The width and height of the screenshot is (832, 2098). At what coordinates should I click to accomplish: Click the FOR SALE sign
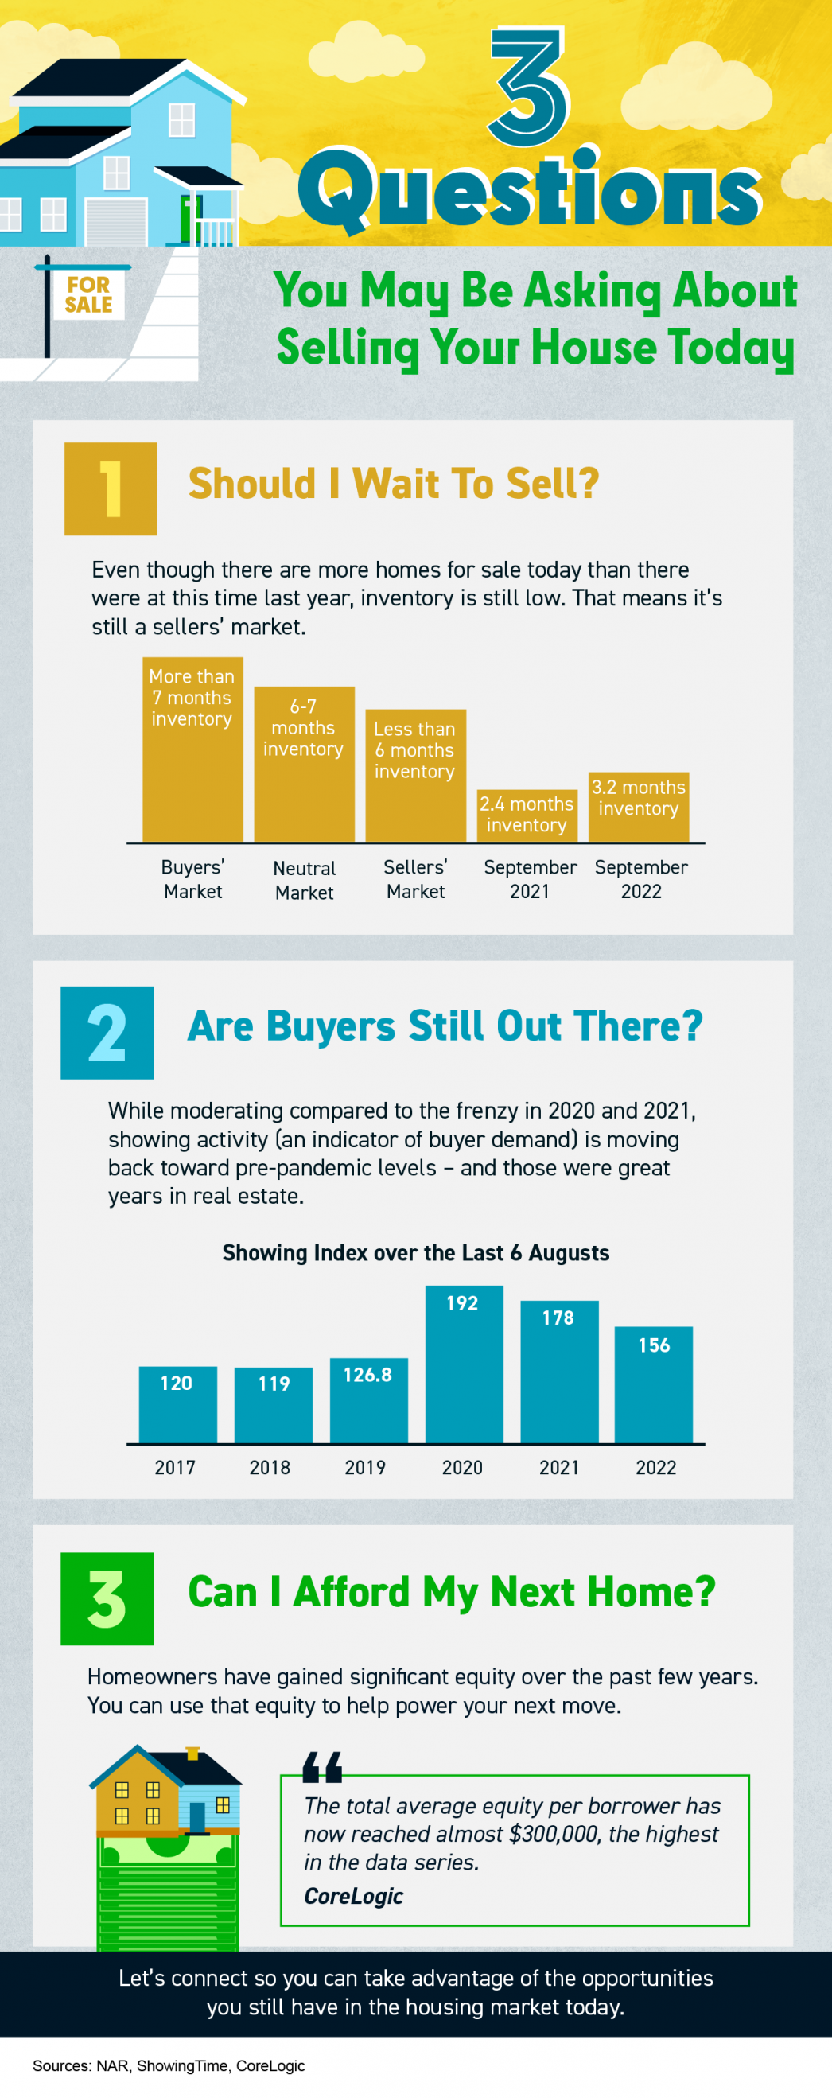coord(89,295)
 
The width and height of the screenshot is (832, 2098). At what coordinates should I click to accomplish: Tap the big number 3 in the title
coord(527,88)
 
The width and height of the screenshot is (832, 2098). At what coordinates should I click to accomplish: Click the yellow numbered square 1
coord(111,488)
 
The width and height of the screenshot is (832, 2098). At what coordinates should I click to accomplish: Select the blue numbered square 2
coord(107,1032)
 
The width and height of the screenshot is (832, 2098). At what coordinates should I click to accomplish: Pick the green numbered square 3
coord(107,1598)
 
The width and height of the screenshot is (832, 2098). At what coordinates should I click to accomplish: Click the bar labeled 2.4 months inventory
coord(527,815)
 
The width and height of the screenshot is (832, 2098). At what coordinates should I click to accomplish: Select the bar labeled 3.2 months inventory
coord(638,806)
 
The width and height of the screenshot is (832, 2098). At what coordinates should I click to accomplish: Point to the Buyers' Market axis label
coord(193,879)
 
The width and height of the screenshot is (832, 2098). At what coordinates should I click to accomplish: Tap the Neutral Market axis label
coord(304,881)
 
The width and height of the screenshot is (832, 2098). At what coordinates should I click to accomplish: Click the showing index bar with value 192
coord(463,1364)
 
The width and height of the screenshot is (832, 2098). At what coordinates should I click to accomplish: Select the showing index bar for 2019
coord(368,1401)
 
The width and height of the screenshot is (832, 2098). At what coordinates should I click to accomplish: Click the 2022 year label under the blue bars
coord(655,1468)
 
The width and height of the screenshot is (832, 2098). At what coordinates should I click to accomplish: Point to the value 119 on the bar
coord(274,1383)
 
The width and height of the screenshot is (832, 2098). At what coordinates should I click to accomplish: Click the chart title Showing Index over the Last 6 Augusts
coord(415,1252)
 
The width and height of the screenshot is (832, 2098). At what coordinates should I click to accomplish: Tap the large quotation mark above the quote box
coord(321,1766)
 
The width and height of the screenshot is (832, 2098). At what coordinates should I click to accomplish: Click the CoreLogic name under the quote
coord(353,1896)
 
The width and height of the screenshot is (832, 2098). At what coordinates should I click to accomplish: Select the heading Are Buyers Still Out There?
coord(445,1026)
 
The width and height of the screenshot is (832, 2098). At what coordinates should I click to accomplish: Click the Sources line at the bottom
coord(169,2065)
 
